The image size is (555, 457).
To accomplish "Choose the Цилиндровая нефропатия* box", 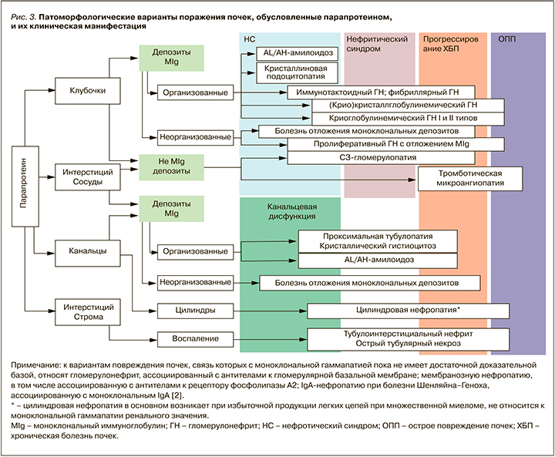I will click(409, 311).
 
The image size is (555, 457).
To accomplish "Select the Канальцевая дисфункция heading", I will click(291, 213).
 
